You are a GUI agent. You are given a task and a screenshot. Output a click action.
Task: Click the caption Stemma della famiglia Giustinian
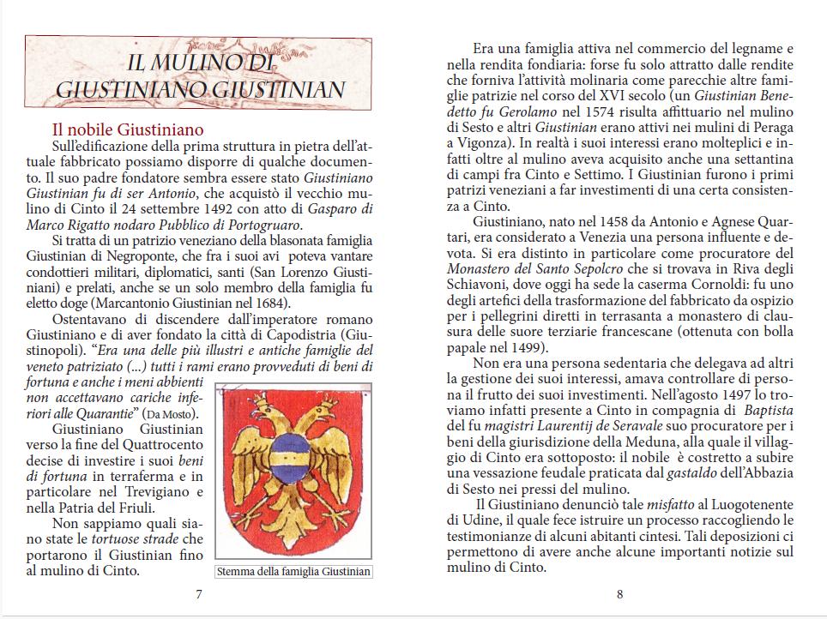[x=294, y=572]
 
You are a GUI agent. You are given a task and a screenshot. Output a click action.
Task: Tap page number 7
[x=198, y=594]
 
